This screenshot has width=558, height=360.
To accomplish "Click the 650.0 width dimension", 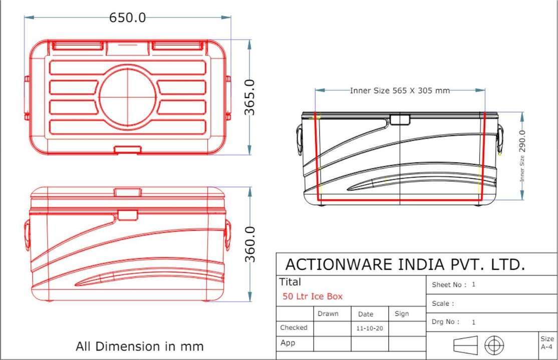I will [x=128, y=18].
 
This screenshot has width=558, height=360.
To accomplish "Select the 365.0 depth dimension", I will [x=249, y=97].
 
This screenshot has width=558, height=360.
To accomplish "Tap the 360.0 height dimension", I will [x=249, y=244].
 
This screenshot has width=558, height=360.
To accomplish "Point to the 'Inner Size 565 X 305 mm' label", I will [x=400, y=91].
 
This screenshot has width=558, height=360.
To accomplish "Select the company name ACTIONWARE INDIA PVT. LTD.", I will [x=405, y=264].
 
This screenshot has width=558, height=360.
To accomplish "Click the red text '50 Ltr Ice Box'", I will [x=313, y=296].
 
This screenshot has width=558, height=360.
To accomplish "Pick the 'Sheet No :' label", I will [x=449, y=285].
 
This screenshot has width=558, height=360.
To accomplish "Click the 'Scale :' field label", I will [x=443, y=303].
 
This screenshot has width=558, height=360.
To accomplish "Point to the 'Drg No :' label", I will [x=445, y=322].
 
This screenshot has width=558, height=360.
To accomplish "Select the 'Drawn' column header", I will [x=328, y=314].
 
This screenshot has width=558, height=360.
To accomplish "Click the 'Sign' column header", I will [x=402, y=314].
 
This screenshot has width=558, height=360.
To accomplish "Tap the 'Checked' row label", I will [x=294, y=327].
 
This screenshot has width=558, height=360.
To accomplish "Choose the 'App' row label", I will [x=288, y=343].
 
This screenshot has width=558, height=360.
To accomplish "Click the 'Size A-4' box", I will [x=547, y=343].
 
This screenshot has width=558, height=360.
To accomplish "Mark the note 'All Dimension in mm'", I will [x=140, y=346].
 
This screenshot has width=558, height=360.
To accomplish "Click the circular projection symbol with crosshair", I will [x=494, y=345].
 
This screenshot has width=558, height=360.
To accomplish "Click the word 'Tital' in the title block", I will [x=290, y=282].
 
